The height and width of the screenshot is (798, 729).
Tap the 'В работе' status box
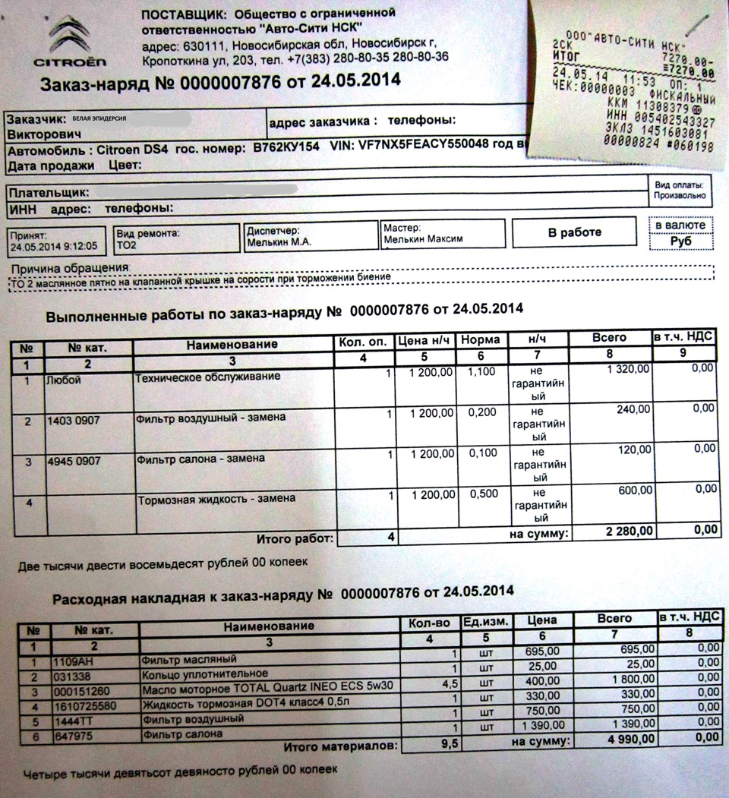coord(574,233)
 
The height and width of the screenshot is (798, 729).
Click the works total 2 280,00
coord(626,531)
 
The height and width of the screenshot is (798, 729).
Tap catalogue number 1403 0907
coord(73,419)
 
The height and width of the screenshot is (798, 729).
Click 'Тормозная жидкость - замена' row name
coord(216,499)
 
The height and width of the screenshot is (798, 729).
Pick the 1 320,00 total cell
coord(627,370)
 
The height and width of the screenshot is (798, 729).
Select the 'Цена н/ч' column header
coord(425,340)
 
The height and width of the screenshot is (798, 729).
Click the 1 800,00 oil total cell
coord(628,678)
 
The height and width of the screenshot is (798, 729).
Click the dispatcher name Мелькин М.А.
coord(279,243)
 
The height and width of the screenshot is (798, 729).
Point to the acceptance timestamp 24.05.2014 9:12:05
coord(54,247)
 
